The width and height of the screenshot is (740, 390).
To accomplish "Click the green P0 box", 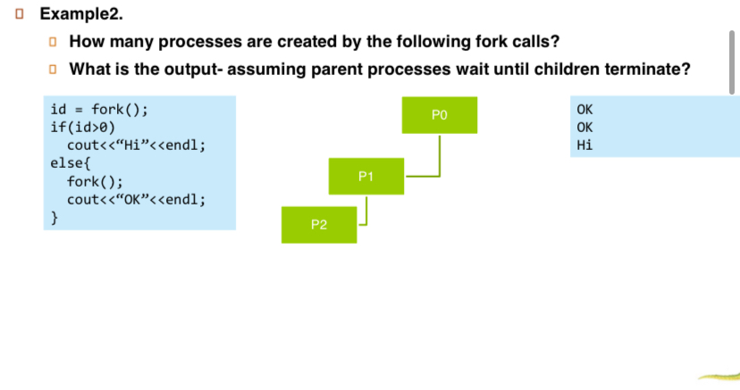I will (438, 115).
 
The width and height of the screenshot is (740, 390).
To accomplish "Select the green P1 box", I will (366, 177).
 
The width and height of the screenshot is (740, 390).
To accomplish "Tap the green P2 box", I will (318, 224).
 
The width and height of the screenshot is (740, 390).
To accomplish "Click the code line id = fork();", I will (99, 111).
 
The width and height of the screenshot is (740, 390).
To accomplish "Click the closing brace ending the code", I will (55, 216).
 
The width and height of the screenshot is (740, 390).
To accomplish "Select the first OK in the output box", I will (585, 110).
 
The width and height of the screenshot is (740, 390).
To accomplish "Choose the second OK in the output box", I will (585, 128).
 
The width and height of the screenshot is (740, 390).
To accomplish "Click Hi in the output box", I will (585, 145).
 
